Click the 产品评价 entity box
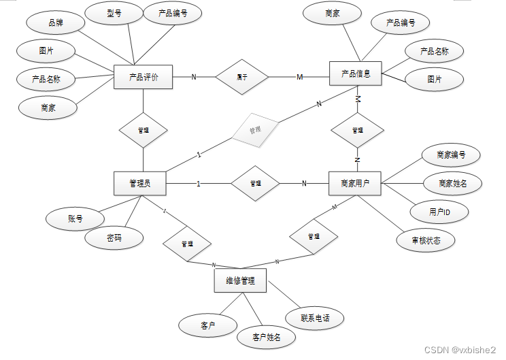[x=144, y=77]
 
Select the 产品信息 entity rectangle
[x=356, y=73]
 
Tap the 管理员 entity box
[x=140, y=183]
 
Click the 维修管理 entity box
[x=240, y=280]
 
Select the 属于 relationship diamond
[x=241, y=77]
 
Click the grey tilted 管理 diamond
[x=255, y=129]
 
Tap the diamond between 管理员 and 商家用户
[x=255, y=183]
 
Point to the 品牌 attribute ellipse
[x=54, y=22]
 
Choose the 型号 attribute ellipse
[x=114, y=14]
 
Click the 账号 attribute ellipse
[x=75, y=218]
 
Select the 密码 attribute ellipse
[x=114, y=238]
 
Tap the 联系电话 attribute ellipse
[x=314, y=318]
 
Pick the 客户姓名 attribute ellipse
[x=265, y=337]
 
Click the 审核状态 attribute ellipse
[x=425, y=240]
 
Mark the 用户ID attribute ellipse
[x=439, y=212]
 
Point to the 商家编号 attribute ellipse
[x=452, y=154]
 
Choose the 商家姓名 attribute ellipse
[x=452, y=183]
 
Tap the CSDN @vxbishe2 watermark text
[x=460, y=349]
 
